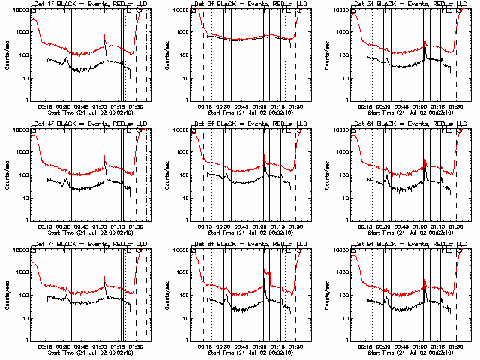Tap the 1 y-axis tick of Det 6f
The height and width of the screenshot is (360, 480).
[x=351, y=220]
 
